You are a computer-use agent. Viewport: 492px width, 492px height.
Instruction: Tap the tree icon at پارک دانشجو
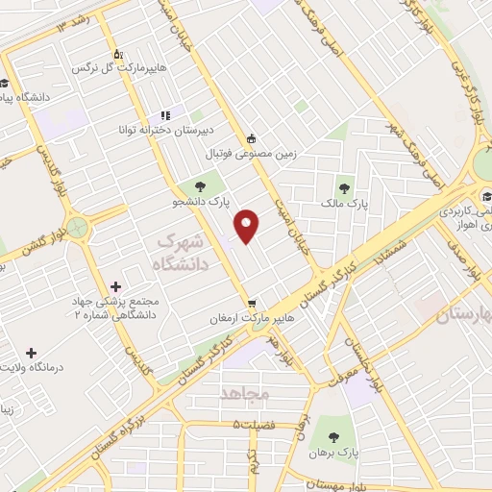[x=200, y=186]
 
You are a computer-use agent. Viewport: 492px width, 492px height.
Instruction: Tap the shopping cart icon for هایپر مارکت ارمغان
[x=252, y=301]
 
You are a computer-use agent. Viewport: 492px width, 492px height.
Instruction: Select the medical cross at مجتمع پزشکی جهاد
[x=116, y=286]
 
